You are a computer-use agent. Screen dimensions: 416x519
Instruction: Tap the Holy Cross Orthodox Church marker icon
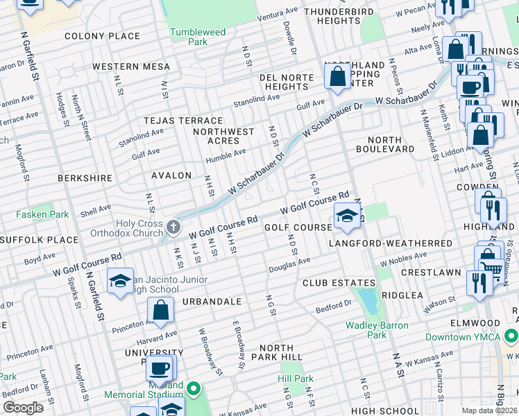point(173,227)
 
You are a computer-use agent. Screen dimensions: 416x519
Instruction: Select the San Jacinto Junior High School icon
point(120,281)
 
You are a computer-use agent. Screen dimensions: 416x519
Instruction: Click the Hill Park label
point(296,379)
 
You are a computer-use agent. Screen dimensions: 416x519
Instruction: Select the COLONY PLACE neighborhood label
point(102,36)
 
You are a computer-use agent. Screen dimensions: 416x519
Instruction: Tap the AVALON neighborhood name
point(171,175)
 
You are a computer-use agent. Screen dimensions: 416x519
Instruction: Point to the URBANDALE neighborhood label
point(212,302)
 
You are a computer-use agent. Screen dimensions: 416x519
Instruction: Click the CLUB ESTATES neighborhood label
point(338,283)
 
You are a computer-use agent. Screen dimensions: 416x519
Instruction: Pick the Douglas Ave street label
point(290,265)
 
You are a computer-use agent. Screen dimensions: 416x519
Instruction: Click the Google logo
point(23,408)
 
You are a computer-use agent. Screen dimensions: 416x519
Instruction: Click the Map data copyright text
point(489,410)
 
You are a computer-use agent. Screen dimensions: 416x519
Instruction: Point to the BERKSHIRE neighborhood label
point(85,178)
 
